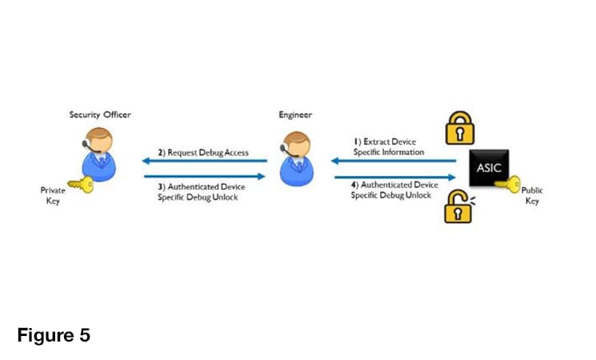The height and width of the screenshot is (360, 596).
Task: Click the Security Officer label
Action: coord(100,115)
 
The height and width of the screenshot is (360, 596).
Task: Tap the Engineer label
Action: coord(295,115)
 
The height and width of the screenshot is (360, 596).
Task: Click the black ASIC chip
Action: coord(489,170)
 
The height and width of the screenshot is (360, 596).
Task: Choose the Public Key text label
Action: coord(532,196)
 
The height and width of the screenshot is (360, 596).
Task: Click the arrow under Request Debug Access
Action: coord(206,160)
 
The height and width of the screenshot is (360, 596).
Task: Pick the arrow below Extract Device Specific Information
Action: coord(394,160)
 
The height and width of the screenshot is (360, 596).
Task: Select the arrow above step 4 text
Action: coord(394,177)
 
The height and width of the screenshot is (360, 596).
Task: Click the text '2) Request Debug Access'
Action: coord(202,152)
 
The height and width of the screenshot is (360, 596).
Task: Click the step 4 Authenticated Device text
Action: coord(391,190)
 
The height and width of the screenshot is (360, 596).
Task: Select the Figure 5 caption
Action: coord(54,335)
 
